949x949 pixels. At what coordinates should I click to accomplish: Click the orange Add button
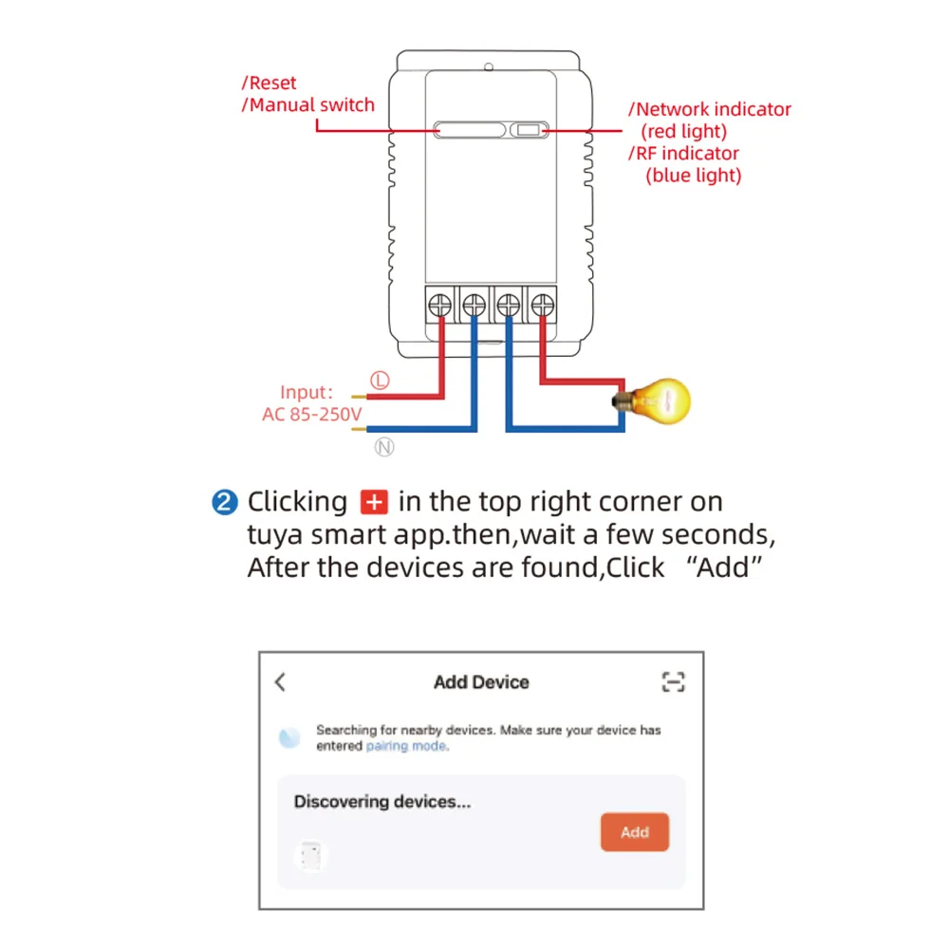coord(634,831)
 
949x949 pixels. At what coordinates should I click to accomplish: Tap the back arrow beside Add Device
coord(280,682)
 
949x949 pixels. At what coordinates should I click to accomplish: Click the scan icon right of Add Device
coord(673,682)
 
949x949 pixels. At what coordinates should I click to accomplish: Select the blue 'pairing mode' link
coord(407,746)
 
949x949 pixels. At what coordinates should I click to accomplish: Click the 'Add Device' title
coord(481,682)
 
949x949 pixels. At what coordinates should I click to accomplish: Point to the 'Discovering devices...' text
coord(381,801)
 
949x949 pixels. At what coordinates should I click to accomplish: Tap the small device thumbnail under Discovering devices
coord(311,856)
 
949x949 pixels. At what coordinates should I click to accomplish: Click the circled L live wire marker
coord(380,381)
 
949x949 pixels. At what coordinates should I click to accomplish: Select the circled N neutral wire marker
coord(384,447)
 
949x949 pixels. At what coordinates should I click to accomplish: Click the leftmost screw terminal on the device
coord(440,305)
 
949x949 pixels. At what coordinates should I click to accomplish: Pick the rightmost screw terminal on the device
coord(542,305)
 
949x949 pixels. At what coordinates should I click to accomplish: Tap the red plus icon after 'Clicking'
coord(374,502)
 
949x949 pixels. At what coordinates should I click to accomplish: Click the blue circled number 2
coord(225,502)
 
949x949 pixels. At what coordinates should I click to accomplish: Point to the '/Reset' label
coord(269,83)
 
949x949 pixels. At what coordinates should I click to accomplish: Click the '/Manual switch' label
coord(308,104)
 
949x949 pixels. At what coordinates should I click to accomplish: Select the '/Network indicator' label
coord(709,109)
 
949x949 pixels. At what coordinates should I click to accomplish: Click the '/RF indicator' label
coord(683,153)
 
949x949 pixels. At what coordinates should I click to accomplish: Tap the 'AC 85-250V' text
coord(311,414)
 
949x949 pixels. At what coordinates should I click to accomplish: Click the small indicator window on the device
coord(529,130)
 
